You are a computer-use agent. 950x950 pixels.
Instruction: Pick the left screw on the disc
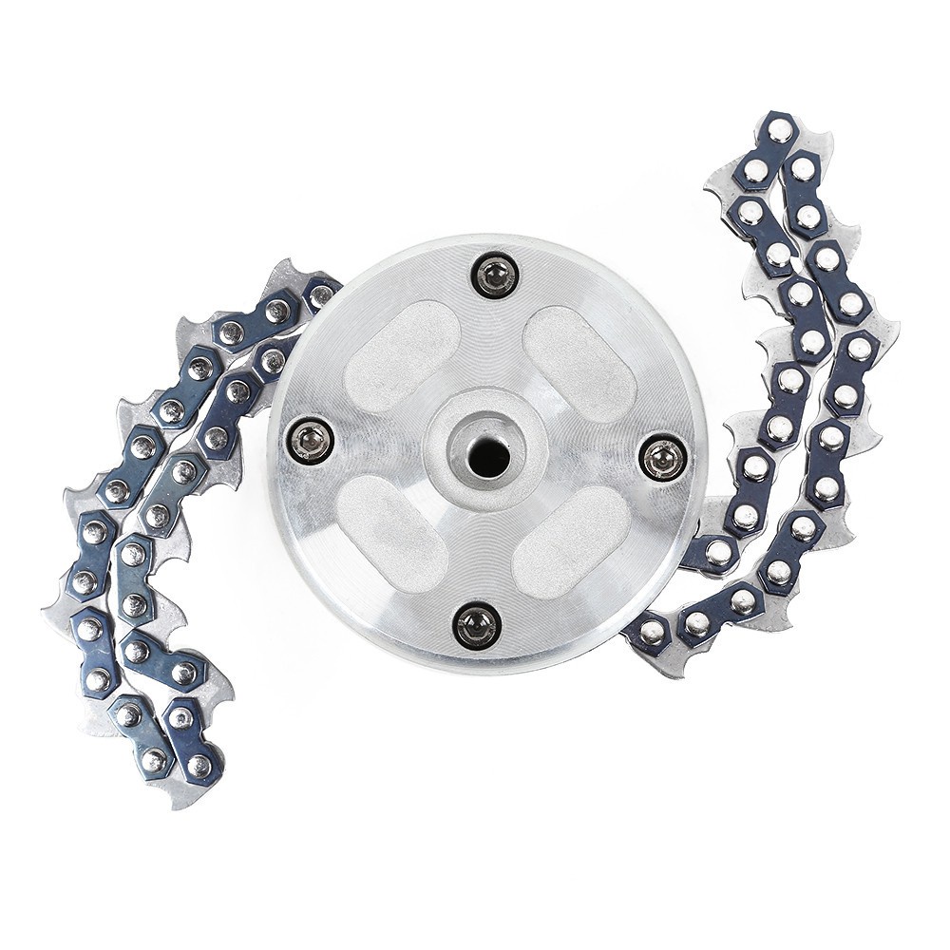point(312,440)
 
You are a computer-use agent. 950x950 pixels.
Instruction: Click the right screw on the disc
point(662,458)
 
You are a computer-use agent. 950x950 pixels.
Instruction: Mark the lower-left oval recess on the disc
point(390,531)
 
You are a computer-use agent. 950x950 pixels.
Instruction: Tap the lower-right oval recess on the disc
point(571,542)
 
